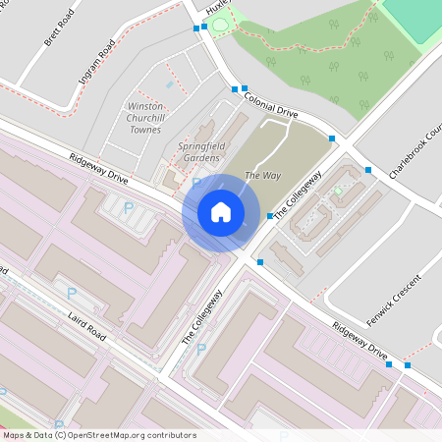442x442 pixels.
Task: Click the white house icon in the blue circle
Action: click(221, 211)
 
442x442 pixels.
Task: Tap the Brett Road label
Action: click(52, 30)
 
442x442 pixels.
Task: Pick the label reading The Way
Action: click(258, 175)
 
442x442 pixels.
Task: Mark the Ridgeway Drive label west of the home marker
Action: click(98, 168)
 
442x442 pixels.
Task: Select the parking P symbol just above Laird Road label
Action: click(70, 293)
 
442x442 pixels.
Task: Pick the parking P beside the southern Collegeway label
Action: click(201, 348)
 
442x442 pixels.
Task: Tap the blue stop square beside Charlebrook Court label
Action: click(368, 170)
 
